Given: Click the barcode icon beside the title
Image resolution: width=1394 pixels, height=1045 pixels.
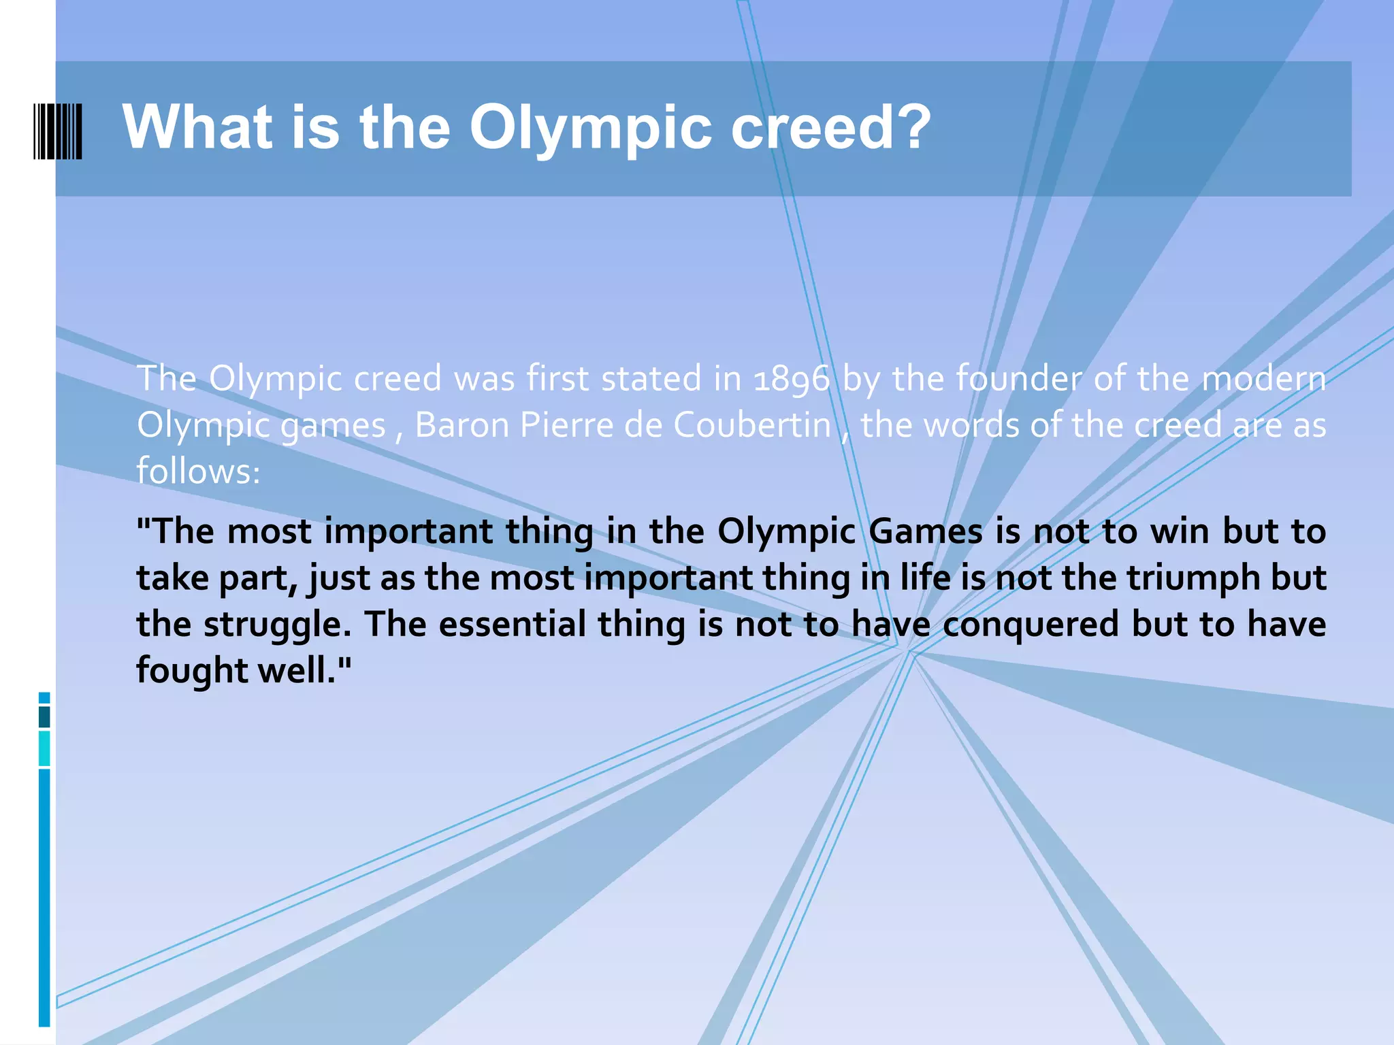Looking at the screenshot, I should tap(58, 131).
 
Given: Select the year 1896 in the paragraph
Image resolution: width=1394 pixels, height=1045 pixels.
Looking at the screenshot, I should tap(792, 380).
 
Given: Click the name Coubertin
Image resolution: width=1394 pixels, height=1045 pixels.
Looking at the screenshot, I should tap(752, 426).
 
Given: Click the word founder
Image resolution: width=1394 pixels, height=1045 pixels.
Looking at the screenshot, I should tap(1018, 378).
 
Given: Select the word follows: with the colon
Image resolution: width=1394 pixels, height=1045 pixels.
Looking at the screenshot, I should tap(198, 471).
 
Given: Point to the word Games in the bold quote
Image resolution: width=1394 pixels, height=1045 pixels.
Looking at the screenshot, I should tap(926, 531).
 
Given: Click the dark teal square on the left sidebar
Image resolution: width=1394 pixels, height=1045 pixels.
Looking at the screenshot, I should tap(44, 717).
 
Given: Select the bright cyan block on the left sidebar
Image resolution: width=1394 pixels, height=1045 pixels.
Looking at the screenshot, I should tap(44, 748).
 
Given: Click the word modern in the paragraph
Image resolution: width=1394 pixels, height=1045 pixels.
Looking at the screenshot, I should tap(1264, 378).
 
